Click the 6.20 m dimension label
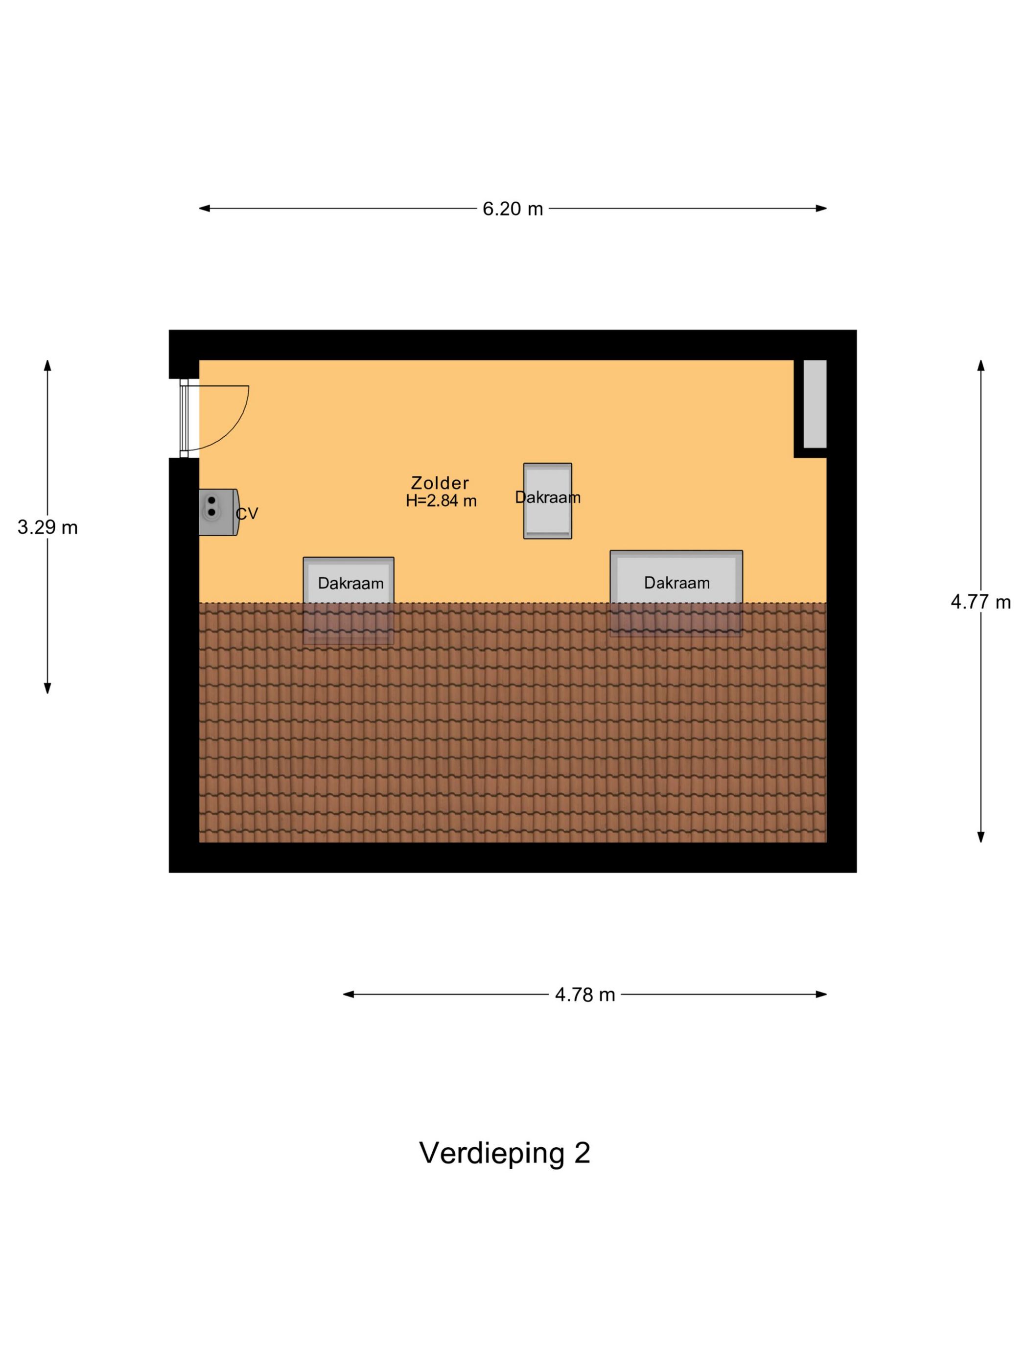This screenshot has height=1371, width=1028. [513, 209]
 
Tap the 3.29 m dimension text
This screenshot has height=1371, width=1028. [47, 527]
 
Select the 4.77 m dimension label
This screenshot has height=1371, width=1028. [981, 602]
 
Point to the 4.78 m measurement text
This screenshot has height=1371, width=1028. [584, 995]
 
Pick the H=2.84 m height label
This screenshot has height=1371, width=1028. [441, 501]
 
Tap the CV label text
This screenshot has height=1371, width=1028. [247, 513]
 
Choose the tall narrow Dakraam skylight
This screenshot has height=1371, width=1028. [547, 501]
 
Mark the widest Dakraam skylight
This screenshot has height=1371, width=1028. [676, 592]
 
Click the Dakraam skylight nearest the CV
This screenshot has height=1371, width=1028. [348, 600]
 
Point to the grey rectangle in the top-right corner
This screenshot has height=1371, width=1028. [815, 403]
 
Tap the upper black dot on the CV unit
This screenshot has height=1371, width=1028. [212, 500]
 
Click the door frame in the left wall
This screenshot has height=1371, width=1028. [184, 418]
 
